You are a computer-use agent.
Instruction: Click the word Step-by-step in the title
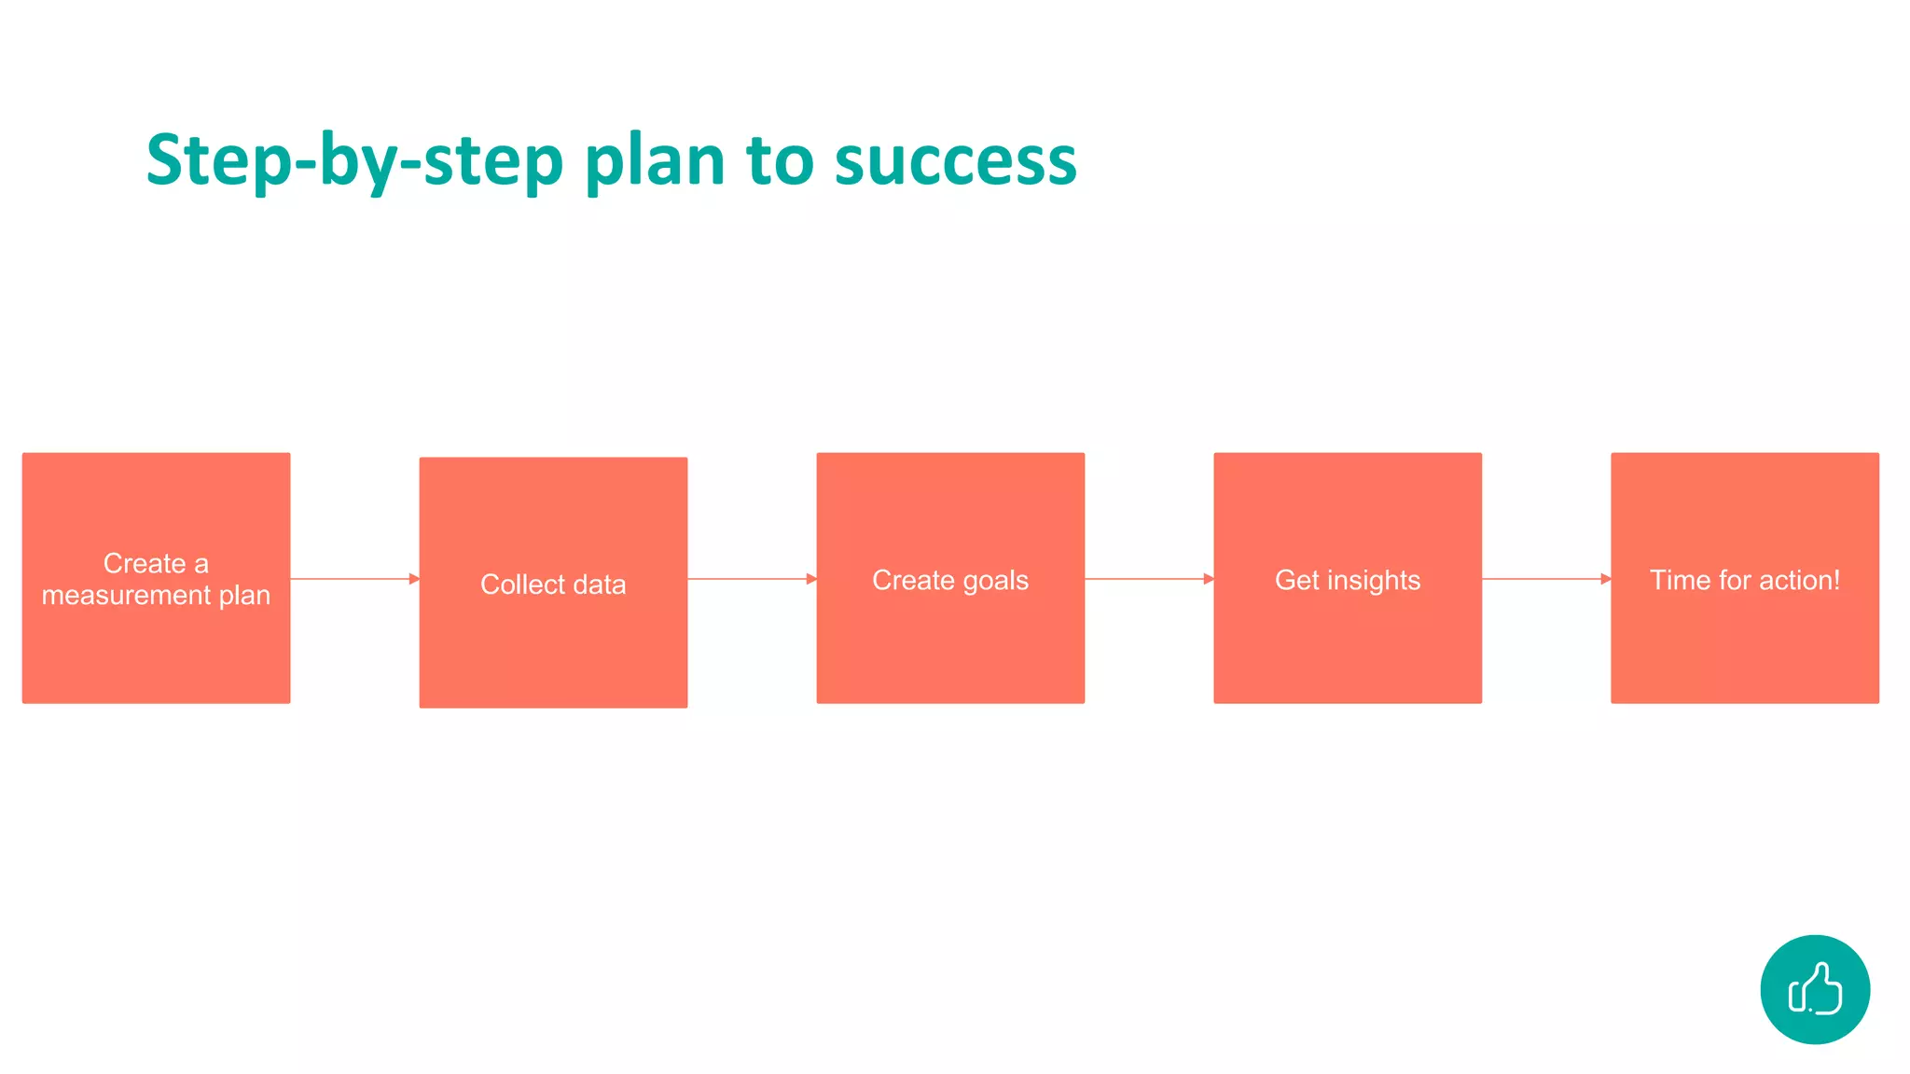tap(354, 160)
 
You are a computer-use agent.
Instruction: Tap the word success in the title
tap(955, 160)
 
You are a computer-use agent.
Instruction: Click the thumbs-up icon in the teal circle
tap(1815, 989)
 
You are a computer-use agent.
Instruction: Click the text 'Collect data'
tap(553, 585)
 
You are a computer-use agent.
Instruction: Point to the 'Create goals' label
tap(950, 580)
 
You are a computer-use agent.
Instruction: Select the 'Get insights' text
tap(1348, 580)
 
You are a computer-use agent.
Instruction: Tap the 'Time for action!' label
tap(1745, 580)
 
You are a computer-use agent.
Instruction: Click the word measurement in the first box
tap(126, 595)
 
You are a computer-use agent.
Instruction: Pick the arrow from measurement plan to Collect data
tap(354, 579)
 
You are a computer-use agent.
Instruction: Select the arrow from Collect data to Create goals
tap(752, 579)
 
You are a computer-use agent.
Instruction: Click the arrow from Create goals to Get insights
tap(1149, 579)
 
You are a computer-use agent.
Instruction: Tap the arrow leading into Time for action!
tap(1546, 579)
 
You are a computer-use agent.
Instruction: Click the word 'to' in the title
tap(780, 160)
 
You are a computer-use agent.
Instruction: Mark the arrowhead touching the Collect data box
tap(414, 579)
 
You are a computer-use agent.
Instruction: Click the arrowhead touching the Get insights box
tap(1209, 579)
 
